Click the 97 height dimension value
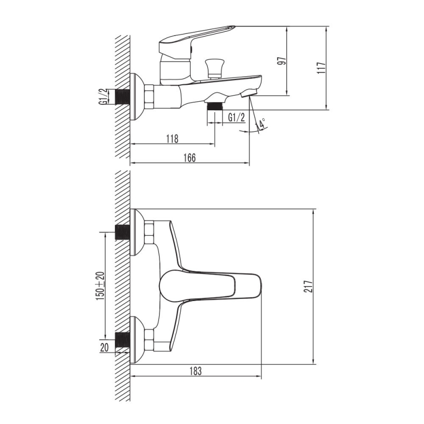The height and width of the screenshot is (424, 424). (282, 61)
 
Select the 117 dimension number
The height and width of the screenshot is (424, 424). (322, 68)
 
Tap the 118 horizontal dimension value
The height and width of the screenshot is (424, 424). (173, 139)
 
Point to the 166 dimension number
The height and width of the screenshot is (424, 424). (190, 157)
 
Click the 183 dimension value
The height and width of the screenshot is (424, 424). (196, 371)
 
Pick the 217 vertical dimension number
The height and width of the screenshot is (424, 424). (308, 286)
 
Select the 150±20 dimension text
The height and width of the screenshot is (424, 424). (101, 285)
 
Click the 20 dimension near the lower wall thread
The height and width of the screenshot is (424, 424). (104, 348)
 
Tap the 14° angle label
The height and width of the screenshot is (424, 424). (261, 123)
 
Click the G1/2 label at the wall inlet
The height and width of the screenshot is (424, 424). (103, 96)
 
